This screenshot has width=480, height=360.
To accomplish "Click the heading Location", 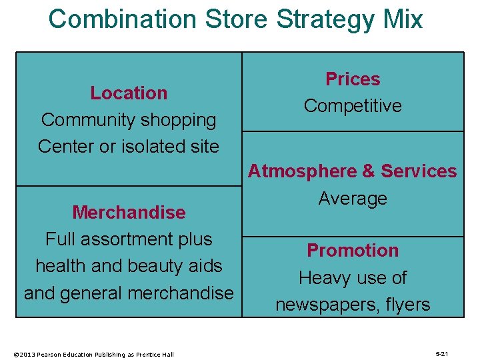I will [129, 93].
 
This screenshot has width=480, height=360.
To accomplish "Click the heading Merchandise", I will [129, 212].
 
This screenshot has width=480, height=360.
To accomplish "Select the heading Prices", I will [353, 79].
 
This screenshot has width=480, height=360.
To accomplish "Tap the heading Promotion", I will [353, 251].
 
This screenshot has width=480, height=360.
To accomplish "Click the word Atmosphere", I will [303, 171].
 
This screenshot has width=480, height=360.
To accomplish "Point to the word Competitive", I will [353, 106].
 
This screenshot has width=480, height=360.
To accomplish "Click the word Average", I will [353, 198].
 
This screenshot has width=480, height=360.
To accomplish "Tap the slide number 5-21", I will [441, 353].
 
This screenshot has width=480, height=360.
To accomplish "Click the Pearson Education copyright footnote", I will [93, 354].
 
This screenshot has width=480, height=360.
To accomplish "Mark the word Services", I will [419, 171].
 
